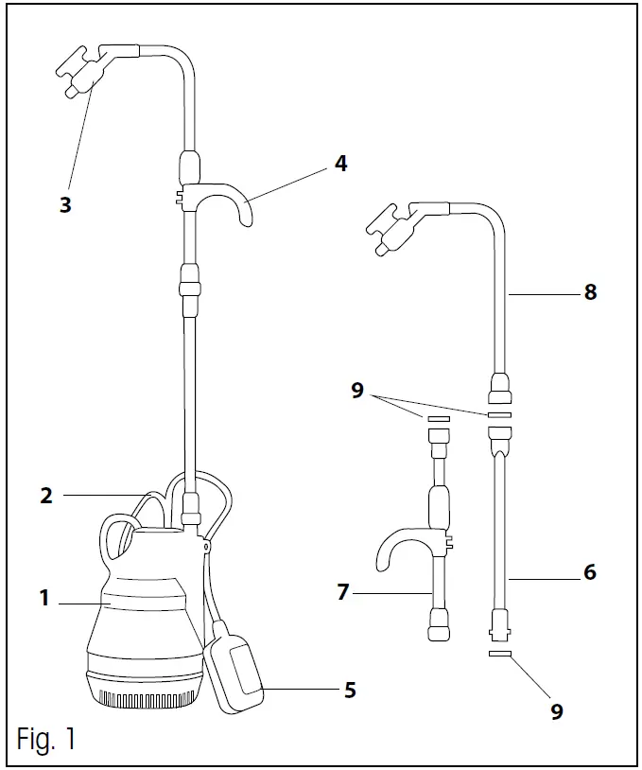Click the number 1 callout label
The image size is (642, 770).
[43, 597]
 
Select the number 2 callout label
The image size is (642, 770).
[46, 495]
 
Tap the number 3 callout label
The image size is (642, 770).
[65, 204]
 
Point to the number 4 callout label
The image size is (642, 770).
[340, 164]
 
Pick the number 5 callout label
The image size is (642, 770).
[350, 690]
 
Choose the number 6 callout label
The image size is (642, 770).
[590, 572]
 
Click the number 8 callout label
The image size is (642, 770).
[590, 292]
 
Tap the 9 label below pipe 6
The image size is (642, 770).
[557, 711]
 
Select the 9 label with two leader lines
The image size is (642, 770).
[357, 390]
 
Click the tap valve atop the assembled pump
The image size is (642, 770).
[80, 74]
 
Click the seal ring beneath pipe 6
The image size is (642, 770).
[500, 653]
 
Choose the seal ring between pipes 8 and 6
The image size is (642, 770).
[500, 414]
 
